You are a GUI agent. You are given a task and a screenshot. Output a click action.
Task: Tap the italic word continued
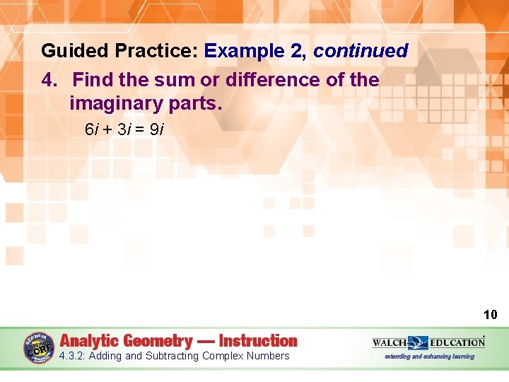click(x=361, y=52)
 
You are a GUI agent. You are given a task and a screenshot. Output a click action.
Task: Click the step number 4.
click(x=49, y=80)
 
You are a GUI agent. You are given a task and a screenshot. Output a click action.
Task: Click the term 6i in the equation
click(x=92, y=130)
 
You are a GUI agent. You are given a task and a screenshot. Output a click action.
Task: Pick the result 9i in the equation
click(x=157, y=130)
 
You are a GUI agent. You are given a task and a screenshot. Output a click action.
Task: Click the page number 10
click(x=490, y=315)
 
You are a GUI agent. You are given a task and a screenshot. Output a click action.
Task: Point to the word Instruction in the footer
click(x=258, y=341)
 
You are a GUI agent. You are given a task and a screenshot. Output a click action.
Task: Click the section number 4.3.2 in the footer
click(x=73, y=356)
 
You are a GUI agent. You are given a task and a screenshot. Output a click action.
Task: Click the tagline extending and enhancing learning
click(x=429, y=356)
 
